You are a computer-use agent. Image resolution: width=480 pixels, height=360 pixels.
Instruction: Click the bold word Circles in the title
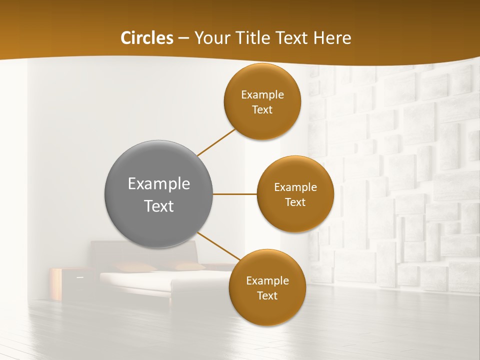point(146,38)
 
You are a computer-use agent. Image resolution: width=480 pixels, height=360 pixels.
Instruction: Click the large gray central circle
point(159,194)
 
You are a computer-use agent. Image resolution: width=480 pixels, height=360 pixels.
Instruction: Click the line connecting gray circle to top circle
point(216,142)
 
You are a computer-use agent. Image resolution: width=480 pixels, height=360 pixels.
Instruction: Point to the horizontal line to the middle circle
point(235,194)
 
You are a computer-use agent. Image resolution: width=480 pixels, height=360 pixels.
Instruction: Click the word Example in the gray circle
point(159,183)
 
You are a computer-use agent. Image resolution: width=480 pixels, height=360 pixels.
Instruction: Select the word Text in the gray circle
point(159,206)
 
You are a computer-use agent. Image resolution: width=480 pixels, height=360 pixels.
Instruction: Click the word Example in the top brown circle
point(262,94)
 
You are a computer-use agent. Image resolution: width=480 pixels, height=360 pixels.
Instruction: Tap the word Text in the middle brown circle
point(295,202)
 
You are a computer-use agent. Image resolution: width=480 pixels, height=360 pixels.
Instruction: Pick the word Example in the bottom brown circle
point(267,280)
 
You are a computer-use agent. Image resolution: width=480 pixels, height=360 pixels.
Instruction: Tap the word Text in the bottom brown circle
point(267,295)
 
